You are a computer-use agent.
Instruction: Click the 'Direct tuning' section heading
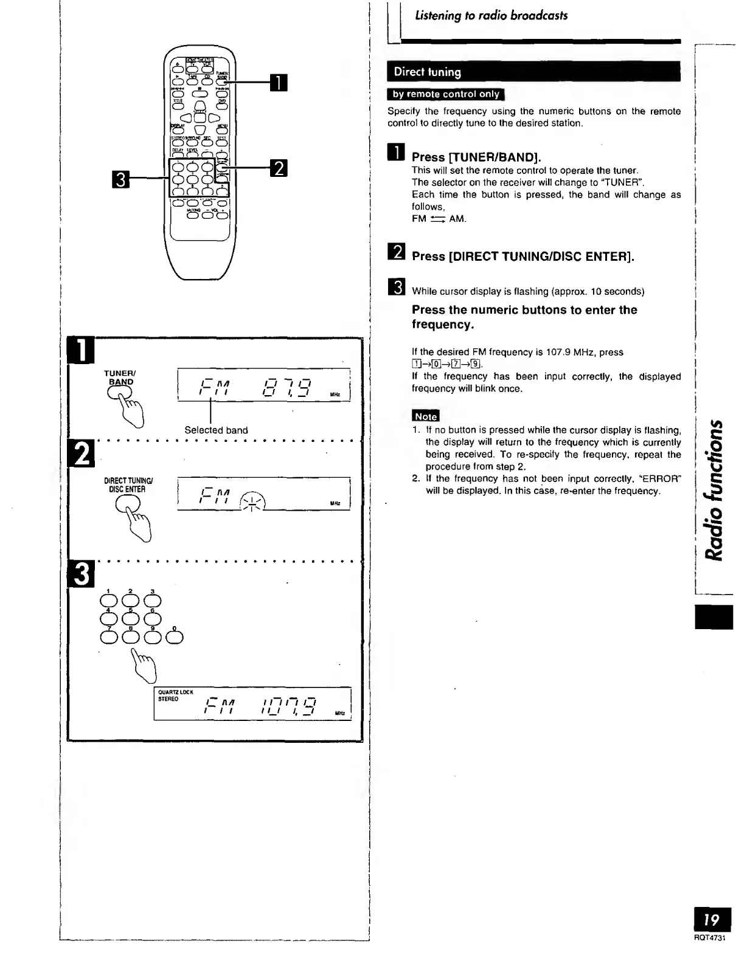428,72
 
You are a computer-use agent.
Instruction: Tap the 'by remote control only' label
446,94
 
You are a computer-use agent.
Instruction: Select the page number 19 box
712,920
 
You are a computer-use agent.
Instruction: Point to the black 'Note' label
425,416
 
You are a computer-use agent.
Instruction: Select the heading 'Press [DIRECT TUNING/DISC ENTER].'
522,257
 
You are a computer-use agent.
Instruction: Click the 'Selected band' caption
216,430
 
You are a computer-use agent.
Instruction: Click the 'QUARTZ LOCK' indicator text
175,692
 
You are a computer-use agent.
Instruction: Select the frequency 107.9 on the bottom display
287,707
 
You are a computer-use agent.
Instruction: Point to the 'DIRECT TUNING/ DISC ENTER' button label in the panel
127,485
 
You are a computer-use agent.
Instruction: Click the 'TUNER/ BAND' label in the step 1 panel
120,377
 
